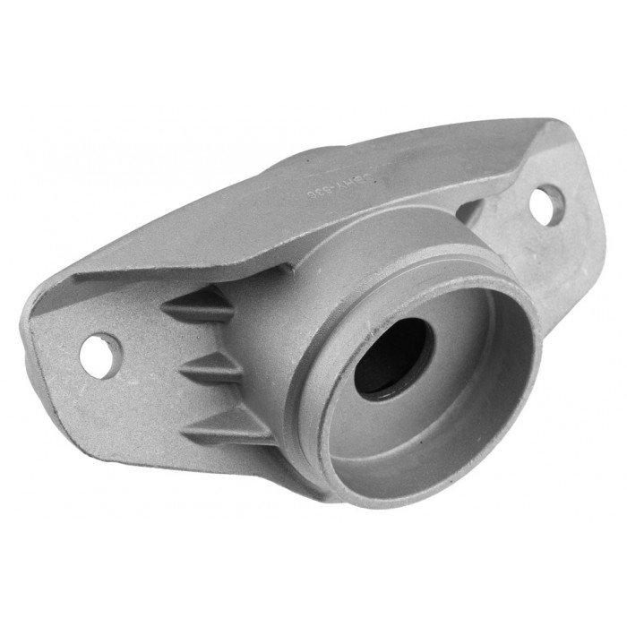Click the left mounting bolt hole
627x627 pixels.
pyautogui.click(x=99, y=351)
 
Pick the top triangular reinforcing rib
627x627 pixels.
pyautogui.click(x=202, y=305)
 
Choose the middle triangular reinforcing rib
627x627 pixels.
pyautogui.click(x=215, y=366)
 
